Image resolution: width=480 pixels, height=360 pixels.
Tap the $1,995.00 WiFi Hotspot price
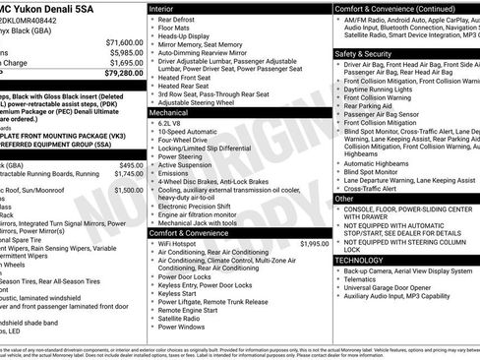pos(314,242)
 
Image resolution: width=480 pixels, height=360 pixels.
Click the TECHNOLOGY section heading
pos(361,260)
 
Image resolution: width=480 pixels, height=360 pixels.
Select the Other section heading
pos(344,198)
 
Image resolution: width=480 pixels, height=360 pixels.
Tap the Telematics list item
pos(362,279)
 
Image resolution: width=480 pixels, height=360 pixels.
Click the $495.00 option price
pos(131,165)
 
